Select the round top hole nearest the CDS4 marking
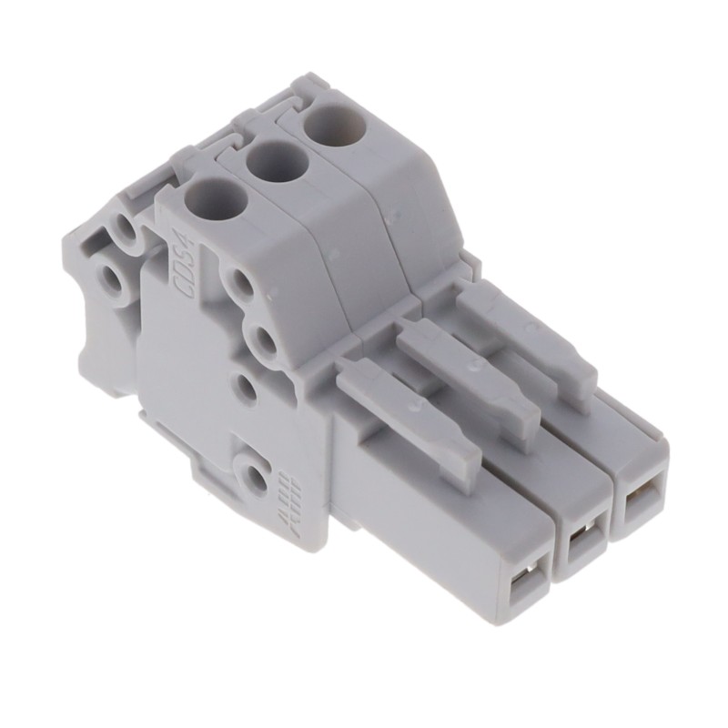click(216, 200)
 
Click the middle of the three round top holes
click(276, 162)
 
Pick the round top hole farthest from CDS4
click(335, 126)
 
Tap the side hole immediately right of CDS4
click(240, 282)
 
